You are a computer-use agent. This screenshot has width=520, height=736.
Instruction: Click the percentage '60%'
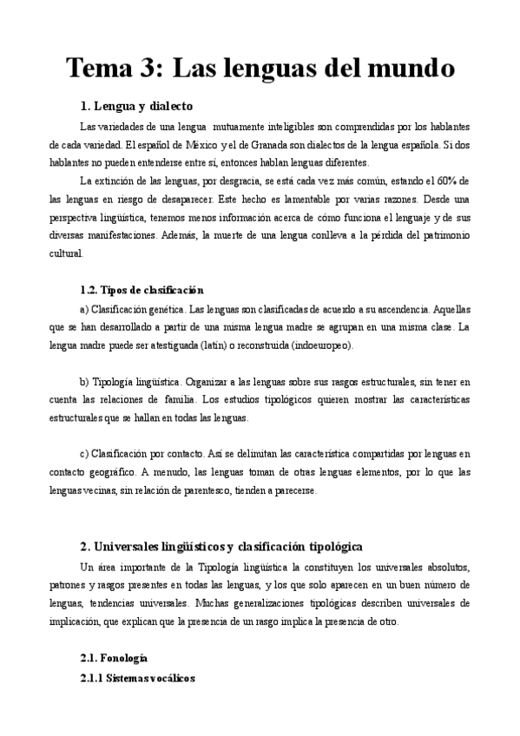coord(448,181)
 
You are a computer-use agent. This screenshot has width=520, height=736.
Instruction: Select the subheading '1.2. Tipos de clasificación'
coord(142,290)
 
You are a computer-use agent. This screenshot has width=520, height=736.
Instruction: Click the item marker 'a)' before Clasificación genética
coord(83,308)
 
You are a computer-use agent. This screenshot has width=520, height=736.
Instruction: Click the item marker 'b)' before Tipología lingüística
coord(83,381)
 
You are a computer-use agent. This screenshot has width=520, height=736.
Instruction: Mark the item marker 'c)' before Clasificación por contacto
coord(83,454)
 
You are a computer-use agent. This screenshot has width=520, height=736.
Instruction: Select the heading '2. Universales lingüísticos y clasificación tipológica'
coord(221,546)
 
